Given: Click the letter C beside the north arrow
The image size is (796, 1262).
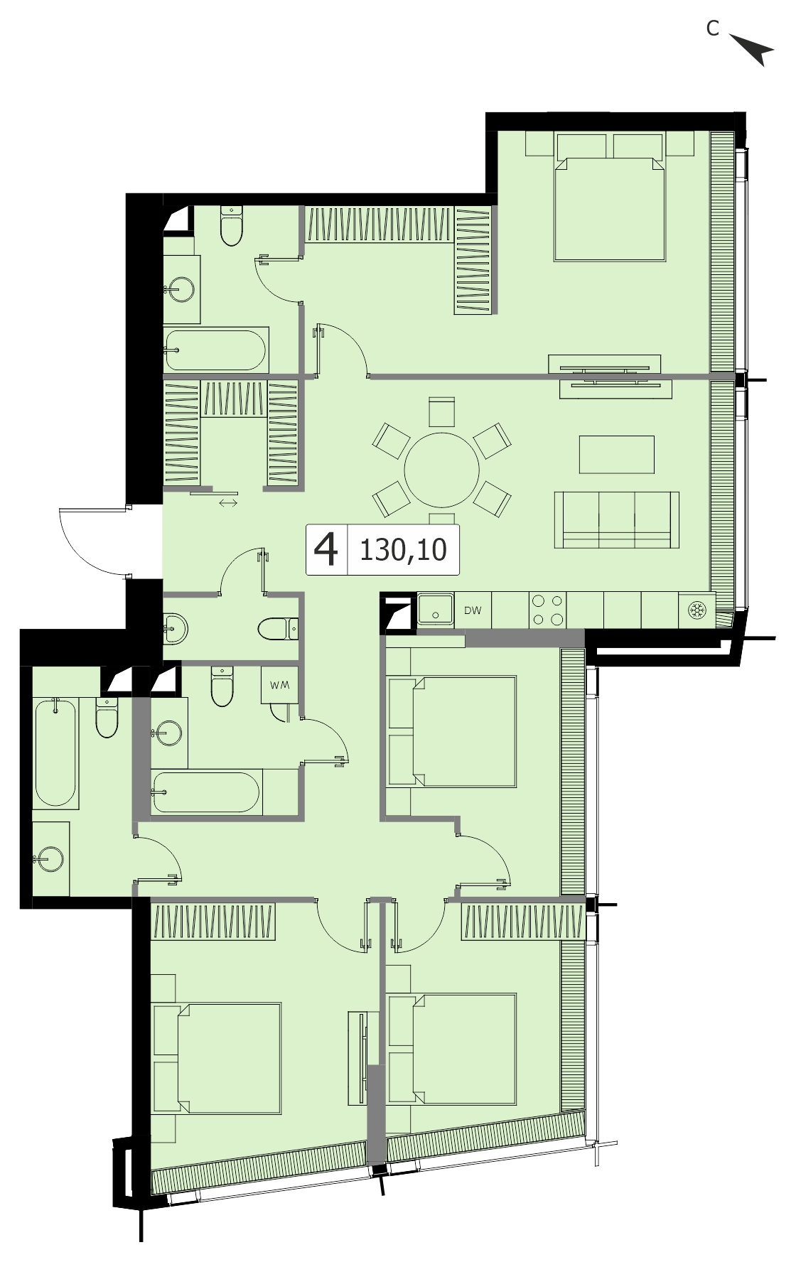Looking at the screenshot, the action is [x=712, y=28].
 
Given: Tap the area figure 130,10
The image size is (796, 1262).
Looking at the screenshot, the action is [x=403, y=549].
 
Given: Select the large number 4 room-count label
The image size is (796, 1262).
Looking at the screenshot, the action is [x=326, y=549].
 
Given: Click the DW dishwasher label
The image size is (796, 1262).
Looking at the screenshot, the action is [x=473, y=610].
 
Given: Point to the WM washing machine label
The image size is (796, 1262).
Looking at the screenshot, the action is [x=279, y=686].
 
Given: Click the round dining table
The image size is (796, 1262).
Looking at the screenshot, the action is [x=442, y=470].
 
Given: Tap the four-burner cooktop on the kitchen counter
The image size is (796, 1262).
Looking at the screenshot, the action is [x=548, y=610].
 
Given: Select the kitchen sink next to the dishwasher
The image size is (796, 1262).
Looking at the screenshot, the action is [x=436, y=609].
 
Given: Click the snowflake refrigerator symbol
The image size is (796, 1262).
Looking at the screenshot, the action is [x=696, y=610].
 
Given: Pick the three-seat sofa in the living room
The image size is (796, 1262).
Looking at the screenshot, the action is [x=616, y=520].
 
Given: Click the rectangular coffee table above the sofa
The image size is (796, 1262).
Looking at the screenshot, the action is [x=616, y=455].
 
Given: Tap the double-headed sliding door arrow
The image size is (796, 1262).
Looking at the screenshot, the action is [x=228, y=503].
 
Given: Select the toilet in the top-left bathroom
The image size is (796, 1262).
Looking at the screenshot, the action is [x=232, y=225].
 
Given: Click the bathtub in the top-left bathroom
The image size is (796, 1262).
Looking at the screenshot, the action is [x=215, y=350].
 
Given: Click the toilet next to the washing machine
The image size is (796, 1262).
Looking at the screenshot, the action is [x=222, y=686].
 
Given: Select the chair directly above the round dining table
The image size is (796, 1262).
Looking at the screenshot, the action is [x=441, y=412].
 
